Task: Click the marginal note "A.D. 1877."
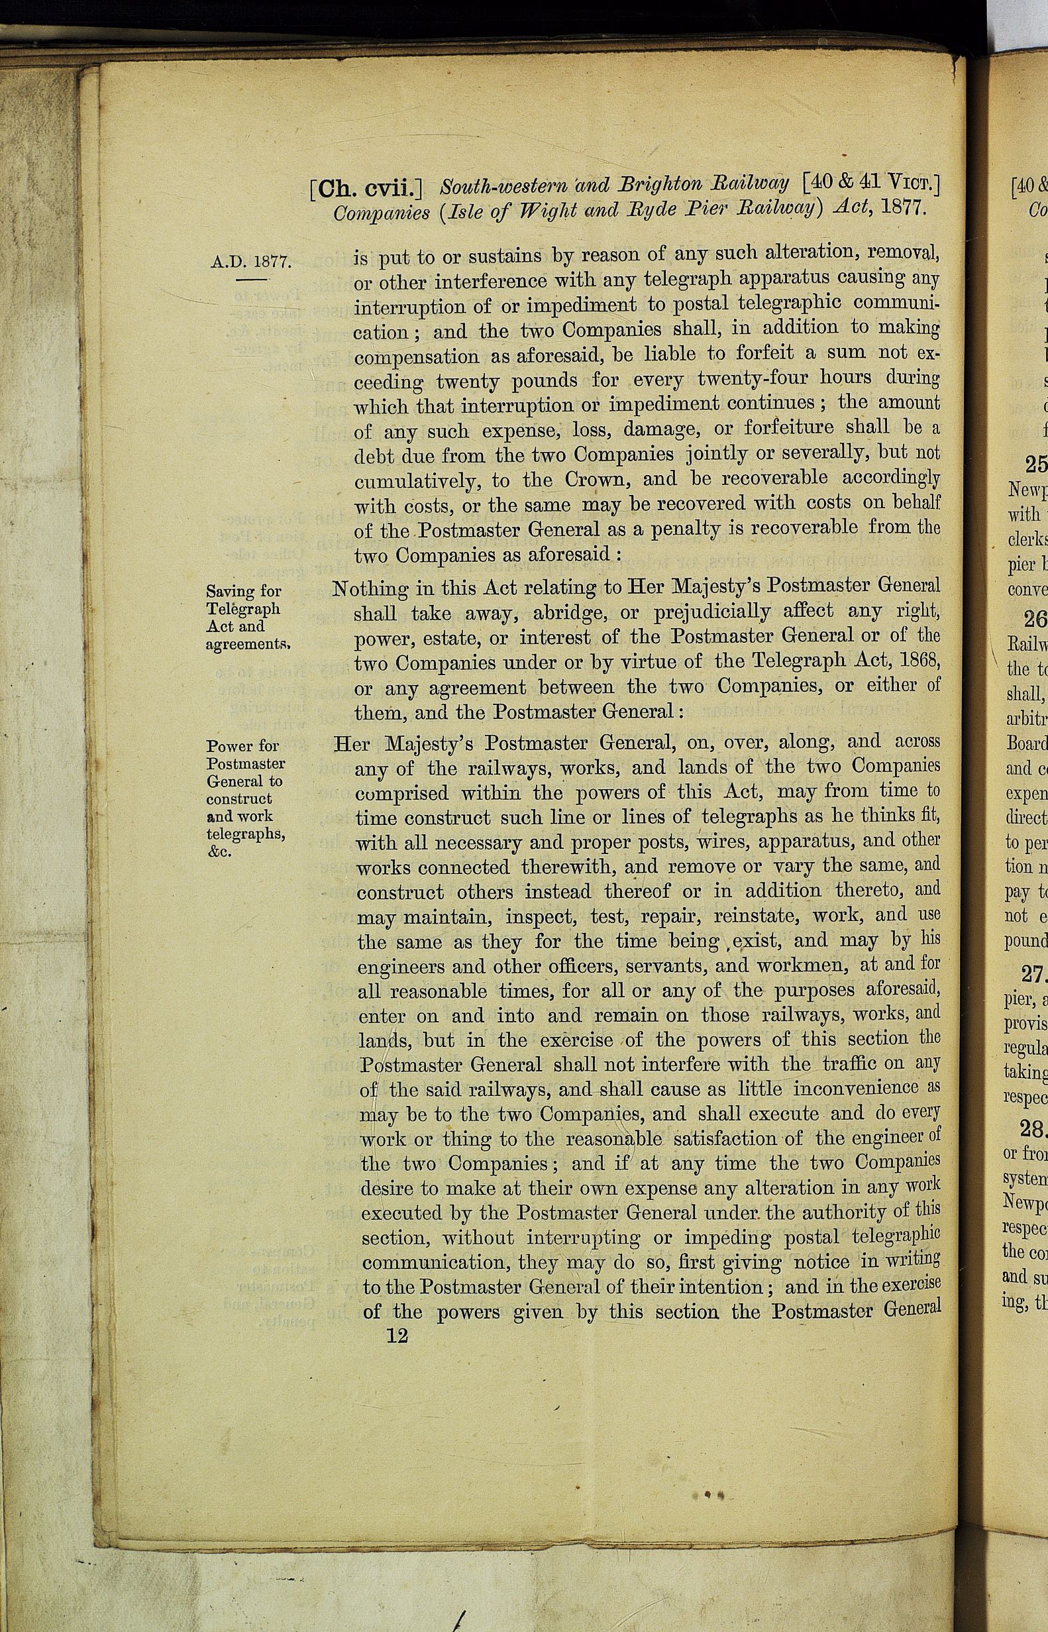coord(251,261)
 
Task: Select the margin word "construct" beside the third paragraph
coord(239,799)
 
